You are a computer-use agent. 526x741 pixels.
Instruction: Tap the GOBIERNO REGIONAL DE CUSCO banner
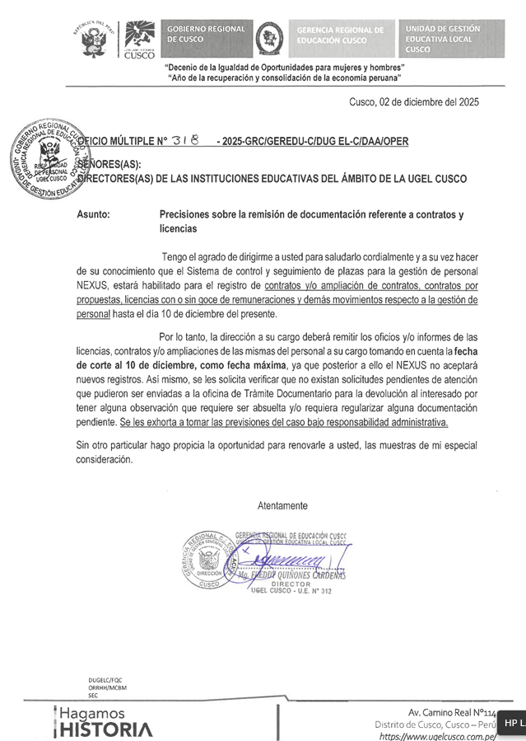[x=205, y=35]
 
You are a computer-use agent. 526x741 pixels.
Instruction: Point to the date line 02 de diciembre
[x=413, y=102]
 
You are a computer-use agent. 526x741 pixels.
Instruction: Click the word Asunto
[x=93, y=214]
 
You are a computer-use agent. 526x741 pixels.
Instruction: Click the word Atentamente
[x=282, y=505]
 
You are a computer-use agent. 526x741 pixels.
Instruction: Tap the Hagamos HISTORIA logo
[x=104, y=722]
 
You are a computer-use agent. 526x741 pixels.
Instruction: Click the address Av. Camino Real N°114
[x=452, y=712]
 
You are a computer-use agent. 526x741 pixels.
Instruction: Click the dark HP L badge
[x=512, y=723]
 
